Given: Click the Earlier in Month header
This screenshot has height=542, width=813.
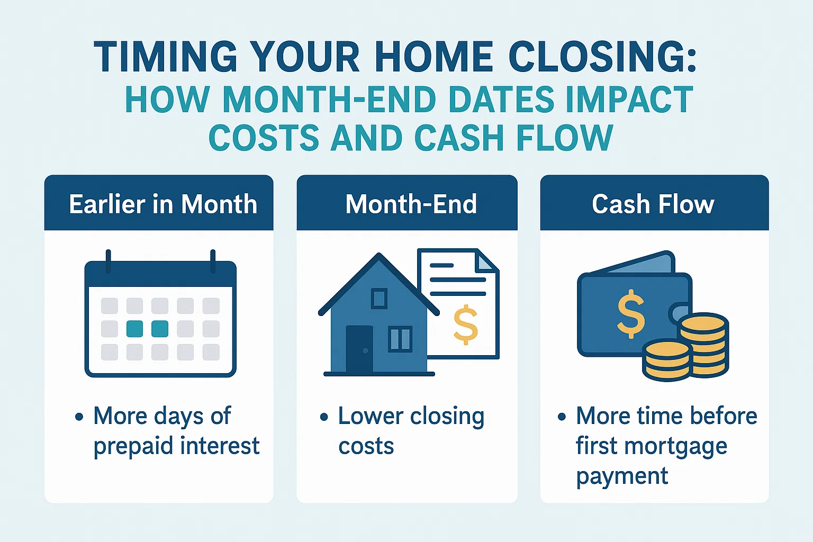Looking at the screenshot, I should [163, 204].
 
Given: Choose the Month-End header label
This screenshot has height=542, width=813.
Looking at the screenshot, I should [411, 204].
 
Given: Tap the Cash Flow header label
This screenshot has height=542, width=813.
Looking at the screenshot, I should [653, 204].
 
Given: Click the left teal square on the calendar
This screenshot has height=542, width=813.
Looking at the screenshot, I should [134, 329].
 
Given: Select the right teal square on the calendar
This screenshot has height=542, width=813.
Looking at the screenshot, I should [160, 329].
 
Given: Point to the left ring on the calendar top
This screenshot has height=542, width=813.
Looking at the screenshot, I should [109, 261].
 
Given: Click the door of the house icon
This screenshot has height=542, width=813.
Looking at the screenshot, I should [359, 349].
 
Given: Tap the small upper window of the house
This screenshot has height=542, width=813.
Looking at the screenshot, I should [379, 299].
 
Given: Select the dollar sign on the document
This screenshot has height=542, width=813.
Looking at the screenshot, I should [466, 324].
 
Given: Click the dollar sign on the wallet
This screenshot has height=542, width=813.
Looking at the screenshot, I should [631, 314].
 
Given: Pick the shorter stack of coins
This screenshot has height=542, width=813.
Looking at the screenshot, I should [666, 360].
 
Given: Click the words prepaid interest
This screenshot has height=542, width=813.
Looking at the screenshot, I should [176, 446].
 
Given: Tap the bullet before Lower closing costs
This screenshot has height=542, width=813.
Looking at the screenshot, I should [324, 417].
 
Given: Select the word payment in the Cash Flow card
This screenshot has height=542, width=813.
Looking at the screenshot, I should [622, 476].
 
